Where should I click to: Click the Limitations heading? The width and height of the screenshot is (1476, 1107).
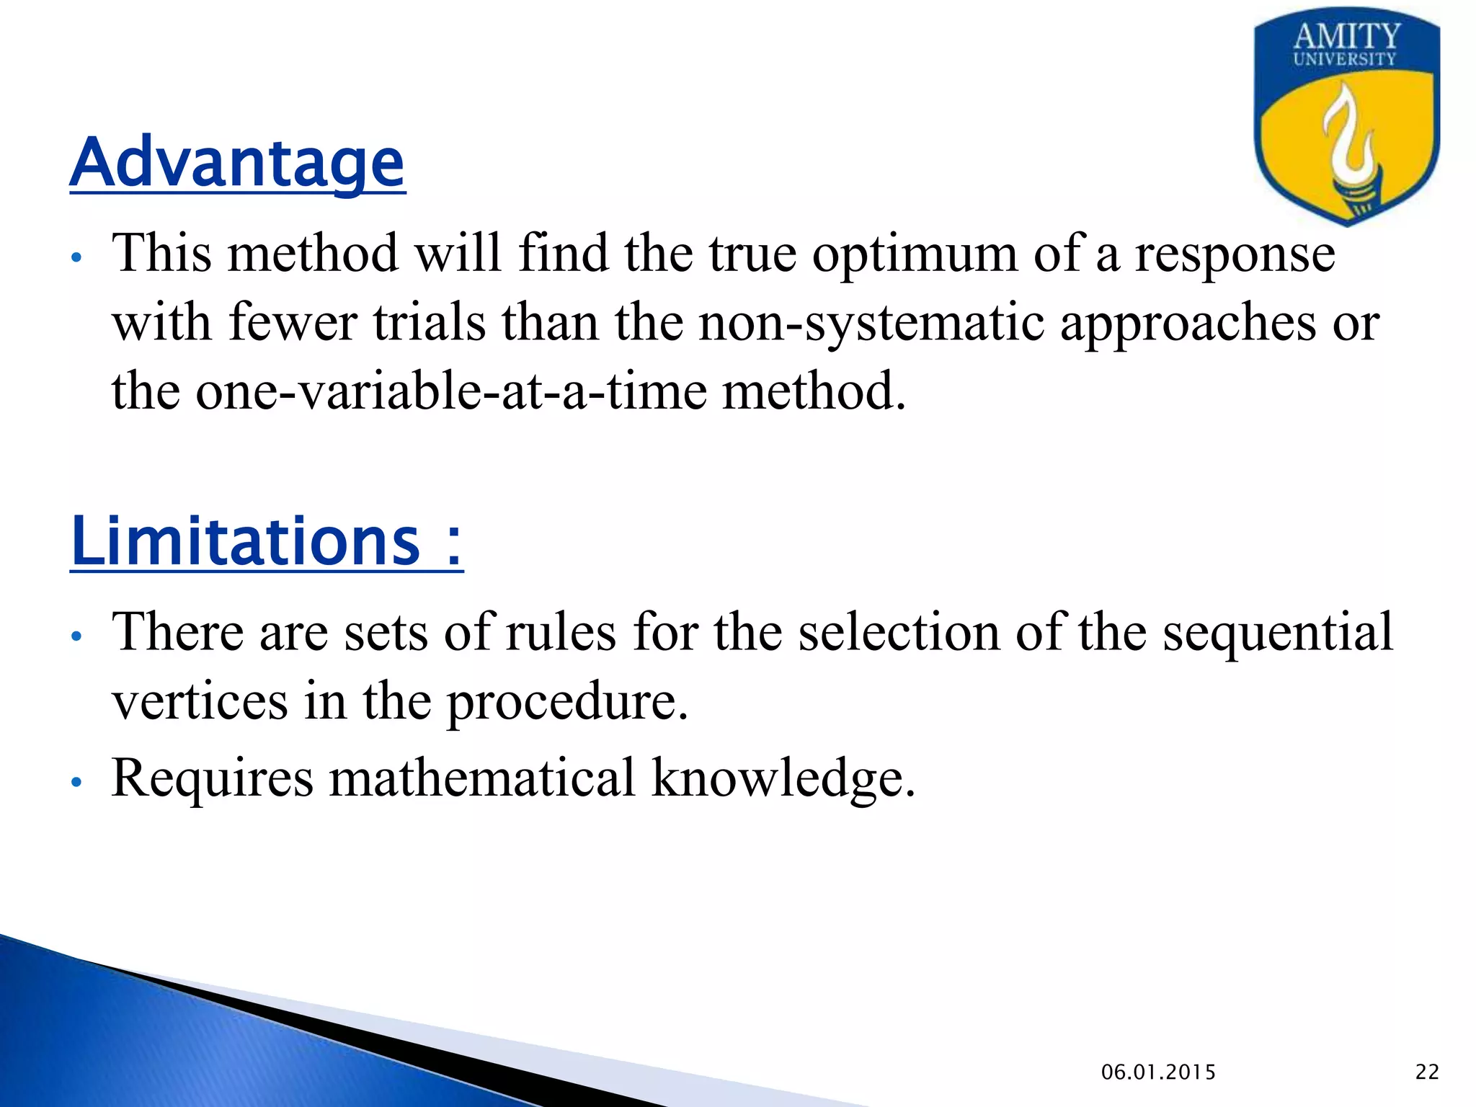(x=267, y=542)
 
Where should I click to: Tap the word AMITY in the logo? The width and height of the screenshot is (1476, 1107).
(x=1346, y=36)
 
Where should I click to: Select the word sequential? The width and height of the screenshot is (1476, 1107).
(x=1278, y=631)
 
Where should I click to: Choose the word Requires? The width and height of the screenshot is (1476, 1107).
(x=213, y=778)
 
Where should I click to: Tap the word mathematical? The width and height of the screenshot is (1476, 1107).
(x=482, y=778)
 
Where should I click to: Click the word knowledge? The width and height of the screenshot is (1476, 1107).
(x=783, y=778)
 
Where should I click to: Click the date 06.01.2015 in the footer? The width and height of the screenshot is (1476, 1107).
(x=1158, y=1072)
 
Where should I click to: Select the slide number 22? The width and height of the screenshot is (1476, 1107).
(x=1427, y=1072)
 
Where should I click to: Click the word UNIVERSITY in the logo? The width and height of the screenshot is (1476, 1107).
(x=1345, y=59)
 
